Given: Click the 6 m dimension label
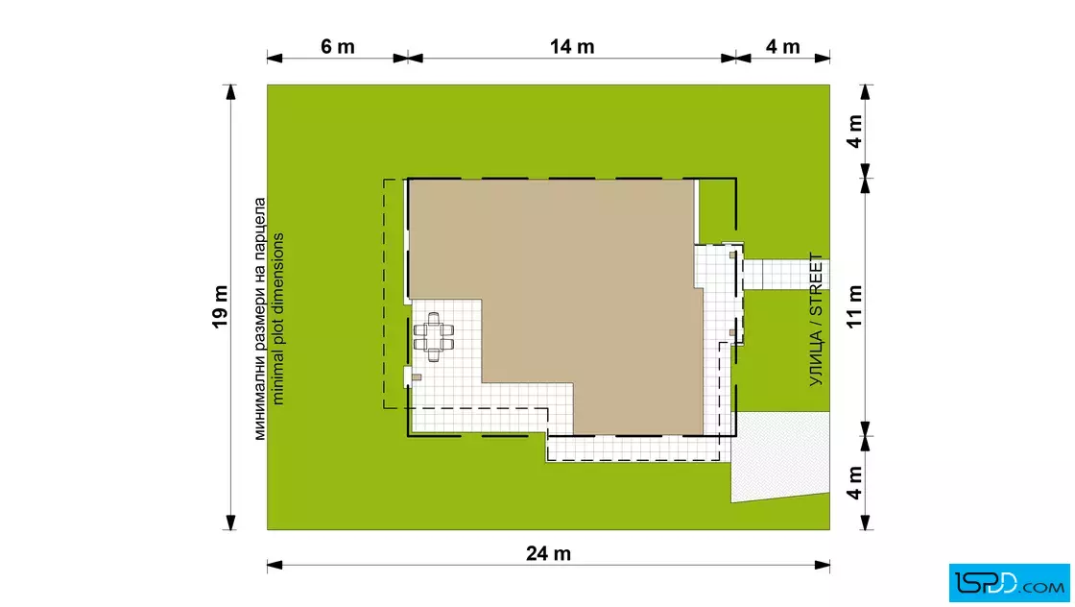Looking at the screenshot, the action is point(337,47).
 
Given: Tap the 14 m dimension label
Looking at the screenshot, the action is point(572,47).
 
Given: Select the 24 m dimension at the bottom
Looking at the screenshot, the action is point(548,553).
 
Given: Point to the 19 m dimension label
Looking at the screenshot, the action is point(220,306).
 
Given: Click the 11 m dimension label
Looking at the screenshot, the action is point(854,306).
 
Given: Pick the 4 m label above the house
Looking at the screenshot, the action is point(854,131).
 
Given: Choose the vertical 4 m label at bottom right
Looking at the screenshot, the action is point(854,483).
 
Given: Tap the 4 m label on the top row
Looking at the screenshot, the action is point(783,47).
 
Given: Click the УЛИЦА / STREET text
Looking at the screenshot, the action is point(815,320).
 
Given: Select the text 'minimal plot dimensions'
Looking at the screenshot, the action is point(277,319).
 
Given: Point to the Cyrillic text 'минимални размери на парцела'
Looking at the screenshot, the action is point(259,319).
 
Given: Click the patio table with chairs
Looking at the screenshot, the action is point(433,337).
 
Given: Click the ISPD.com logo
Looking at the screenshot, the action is point(1009,583).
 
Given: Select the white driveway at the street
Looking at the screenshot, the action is point(779,456).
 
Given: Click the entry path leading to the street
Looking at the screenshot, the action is point(786,275).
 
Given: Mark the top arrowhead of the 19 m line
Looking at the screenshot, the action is point(230,92).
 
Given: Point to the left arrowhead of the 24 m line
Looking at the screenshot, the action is point(275,565).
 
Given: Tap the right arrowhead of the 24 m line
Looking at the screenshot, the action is point(822,565).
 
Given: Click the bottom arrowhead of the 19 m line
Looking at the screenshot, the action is point(230,522).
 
